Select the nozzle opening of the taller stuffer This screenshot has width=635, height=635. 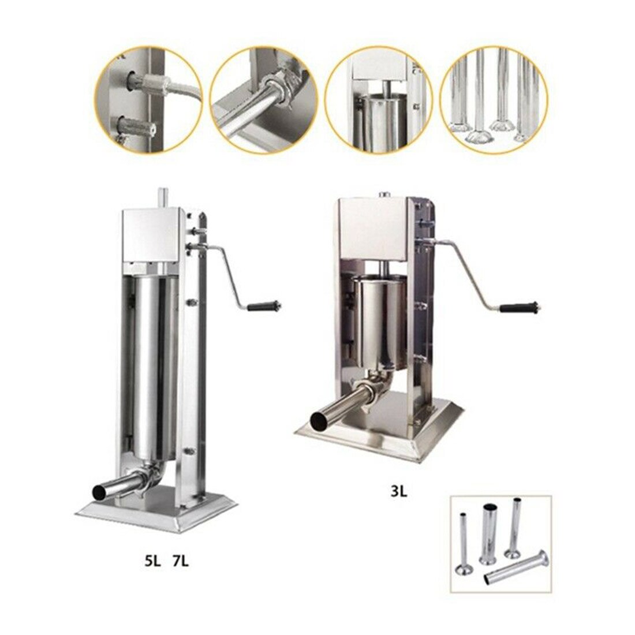[100, 492]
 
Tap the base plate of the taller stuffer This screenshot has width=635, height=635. [156, 508]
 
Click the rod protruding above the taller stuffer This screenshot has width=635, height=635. [162, 197]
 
